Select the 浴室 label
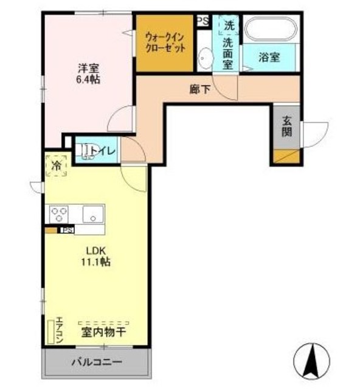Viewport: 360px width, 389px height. pos(269,58)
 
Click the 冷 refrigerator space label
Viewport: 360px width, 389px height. pos(57,165)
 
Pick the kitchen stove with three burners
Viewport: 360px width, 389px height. pos(59,214)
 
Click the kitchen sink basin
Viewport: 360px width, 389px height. pos(92,214)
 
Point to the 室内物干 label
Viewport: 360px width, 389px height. pos(103,332)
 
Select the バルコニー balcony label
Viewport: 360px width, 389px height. pos(96,362)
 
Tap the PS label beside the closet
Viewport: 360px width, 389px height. pos(202,20)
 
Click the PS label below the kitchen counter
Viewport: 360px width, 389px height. pos(67,230)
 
